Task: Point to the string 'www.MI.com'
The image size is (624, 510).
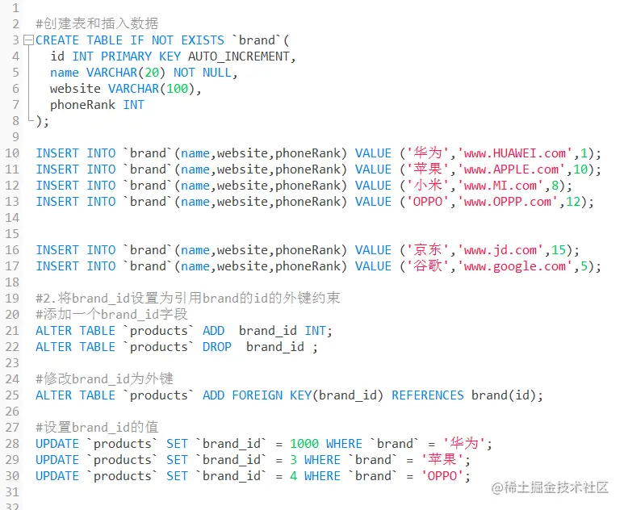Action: (x=500, y=186)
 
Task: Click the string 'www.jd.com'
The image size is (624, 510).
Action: (x=500, y=250)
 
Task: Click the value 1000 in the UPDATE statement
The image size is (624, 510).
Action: (x=304, y=444)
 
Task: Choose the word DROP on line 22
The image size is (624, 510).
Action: (x=217, y=347)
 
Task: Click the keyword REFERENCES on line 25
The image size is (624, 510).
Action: (x=427, y=395)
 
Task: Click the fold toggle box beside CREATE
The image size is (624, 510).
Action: (x=29, y=40)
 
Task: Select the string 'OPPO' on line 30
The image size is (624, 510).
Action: (x=442, y=476)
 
